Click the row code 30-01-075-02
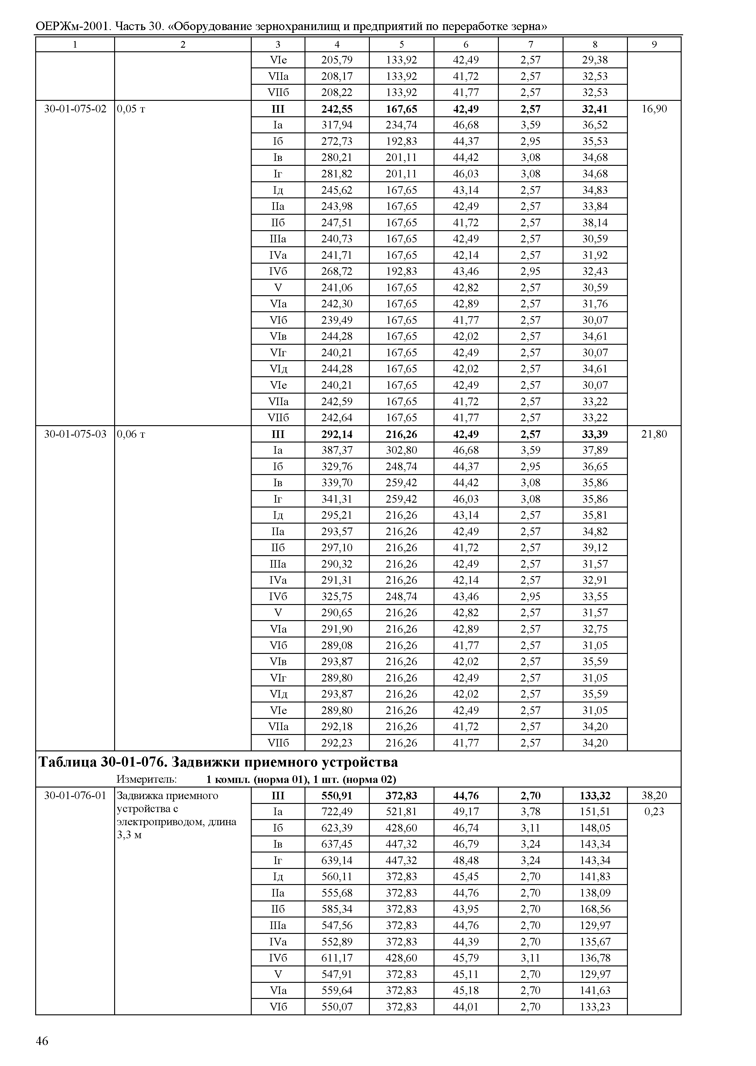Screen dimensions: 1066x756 75,109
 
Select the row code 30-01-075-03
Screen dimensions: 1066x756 75,434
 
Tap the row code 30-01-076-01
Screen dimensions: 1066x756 75,795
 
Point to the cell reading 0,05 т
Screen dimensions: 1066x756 131,109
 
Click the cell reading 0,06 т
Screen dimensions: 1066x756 131,434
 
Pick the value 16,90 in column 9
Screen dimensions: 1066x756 654,109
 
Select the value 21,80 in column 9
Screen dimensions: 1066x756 654,434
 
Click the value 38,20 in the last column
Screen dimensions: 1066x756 654,795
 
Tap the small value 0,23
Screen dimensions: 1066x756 654,812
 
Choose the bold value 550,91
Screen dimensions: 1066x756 337,795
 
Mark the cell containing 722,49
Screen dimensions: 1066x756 337,812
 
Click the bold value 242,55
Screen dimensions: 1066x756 337,109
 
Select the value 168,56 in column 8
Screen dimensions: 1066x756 595,909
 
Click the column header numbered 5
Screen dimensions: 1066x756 401,45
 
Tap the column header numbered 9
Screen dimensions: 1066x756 654,45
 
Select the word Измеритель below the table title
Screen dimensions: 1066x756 146,779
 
